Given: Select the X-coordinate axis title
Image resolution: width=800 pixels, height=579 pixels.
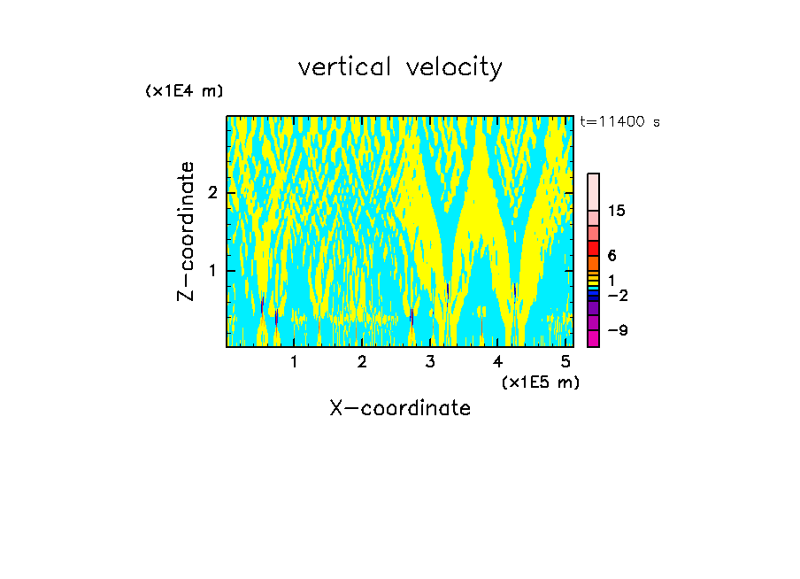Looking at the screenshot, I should point(400,408).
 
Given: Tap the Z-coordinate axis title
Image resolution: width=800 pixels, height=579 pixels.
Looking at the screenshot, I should point(186,231).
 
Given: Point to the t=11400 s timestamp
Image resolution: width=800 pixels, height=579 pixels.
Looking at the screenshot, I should point(619,122).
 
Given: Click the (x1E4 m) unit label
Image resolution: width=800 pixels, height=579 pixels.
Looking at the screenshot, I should point(184,91).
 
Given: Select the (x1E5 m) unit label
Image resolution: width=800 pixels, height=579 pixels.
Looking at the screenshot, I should point(540,382).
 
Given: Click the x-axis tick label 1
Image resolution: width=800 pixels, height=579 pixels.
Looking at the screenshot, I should point(294,361).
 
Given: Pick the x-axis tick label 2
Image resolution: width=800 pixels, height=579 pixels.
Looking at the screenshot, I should point(362,361).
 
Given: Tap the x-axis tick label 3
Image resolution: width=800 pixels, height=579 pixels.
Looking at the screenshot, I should point(430,361).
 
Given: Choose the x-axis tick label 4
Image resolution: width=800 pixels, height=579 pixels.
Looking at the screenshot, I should point(498,361).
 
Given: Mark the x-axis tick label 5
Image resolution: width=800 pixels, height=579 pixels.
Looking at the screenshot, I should point(566,361).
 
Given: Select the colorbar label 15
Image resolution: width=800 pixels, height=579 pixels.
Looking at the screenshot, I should point(617,211).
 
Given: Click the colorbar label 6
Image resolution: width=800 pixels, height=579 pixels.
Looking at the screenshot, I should point(612,255).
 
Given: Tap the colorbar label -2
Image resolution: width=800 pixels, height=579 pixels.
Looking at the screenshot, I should point(617,295).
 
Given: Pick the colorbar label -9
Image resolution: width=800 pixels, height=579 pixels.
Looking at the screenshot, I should point(617,330).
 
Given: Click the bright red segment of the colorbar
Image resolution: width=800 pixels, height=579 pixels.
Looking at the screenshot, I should point(593,248).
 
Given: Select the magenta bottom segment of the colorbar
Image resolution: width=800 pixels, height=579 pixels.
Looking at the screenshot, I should point(593,338).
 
